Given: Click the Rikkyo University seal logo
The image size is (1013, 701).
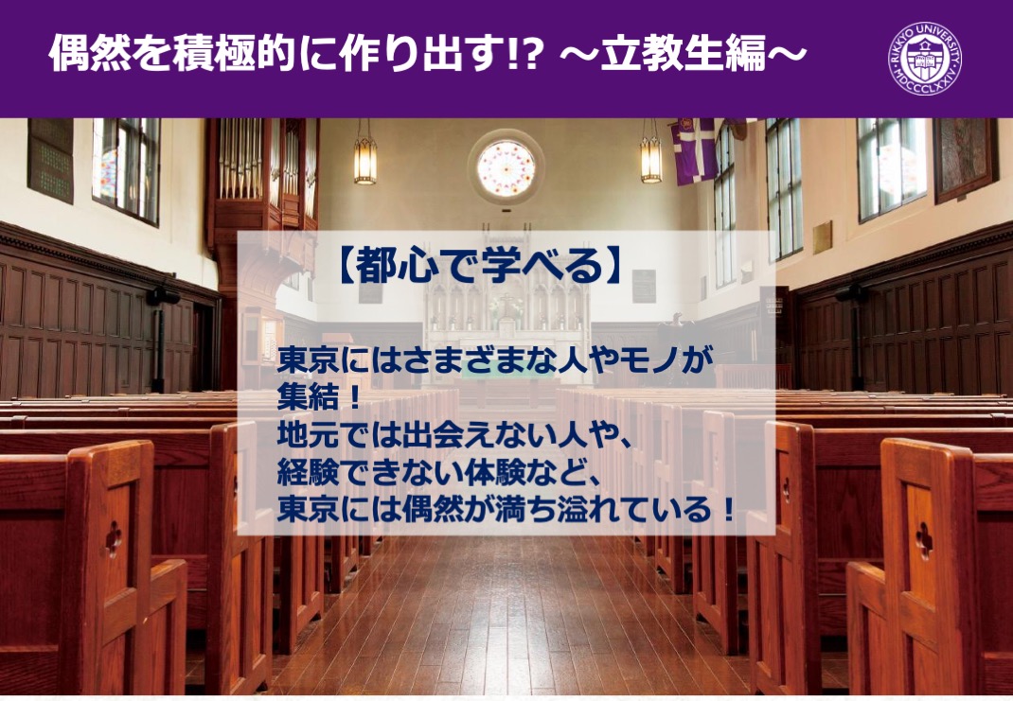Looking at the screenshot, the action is (x=925, y=59).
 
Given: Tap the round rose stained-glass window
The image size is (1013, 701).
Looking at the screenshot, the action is (x=506, y=167).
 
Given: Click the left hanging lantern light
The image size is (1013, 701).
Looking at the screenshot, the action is (x=365, y=161).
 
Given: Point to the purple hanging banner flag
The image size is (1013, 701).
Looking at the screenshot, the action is (x=694, y=150).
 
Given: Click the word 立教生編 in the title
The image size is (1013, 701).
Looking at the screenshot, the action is (x=683, y=53).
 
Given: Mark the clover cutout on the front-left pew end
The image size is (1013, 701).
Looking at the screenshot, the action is (x=114, y=538).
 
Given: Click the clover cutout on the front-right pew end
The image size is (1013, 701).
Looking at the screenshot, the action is (x=924, y=540).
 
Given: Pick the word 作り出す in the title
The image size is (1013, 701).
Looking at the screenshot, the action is (x=403, y=53).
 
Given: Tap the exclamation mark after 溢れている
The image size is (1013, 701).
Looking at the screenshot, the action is (x=729, y=511).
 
